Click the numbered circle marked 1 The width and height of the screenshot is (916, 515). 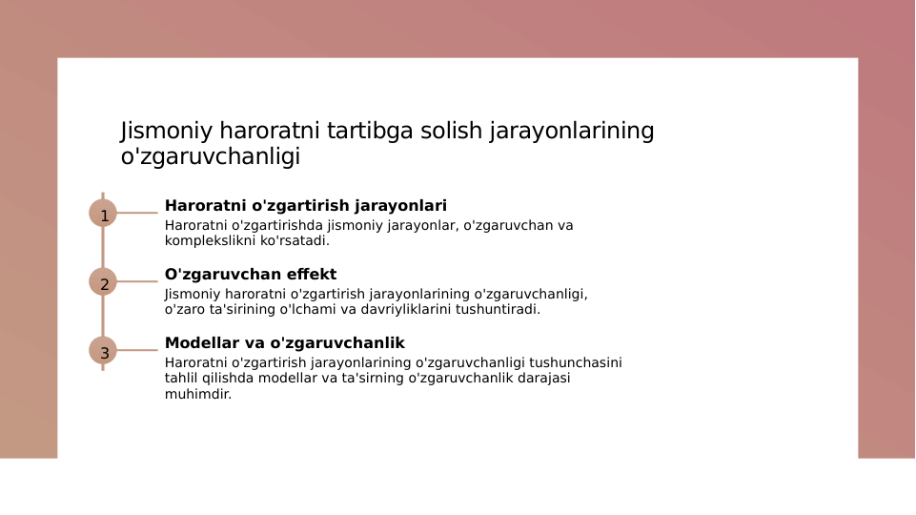[x=103, y=213]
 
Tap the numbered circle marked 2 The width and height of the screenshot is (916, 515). [x=103, y=281]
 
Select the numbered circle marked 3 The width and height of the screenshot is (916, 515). [x=103, y=350]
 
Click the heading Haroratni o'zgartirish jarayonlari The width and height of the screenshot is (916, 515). [x=305, y=206]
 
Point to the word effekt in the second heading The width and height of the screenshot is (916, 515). [x=309, y=275]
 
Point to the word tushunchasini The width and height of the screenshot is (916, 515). [x=576, y=363]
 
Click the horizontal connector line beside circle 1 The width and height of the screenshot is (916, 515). [x=137, y=213]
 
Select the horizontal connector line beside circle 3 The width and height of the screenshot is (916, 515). [x=137, y=350]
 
